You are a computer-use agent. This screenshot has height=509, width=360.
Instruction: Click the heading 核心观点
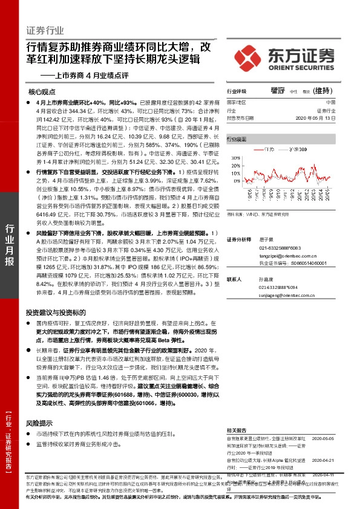coord(42,92)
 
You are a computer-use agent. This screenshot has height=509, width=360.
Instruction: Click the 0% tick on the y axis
coord(237,181)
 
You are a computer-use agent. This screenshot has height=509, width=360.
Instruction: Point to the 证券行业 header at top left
coord(45,30)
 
